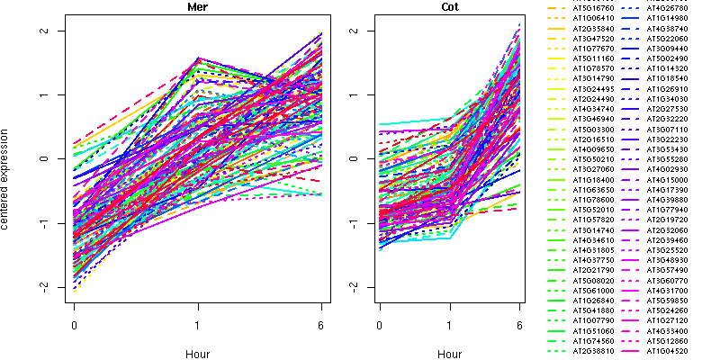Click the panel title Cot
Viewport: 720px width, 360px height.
[x=450, y=7]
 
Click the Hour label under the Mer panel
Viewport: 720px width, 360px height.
[x=197, y=355]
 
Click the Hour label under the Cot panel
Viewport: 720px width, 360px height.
[x=450, y=355]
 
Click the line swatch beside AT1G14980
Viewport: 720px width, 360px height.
[x=629, y=17]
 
